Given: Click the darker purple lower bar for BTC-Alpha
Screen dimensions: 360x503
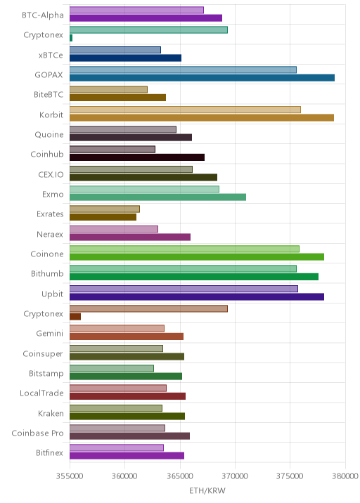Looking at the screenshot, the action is pos(146,18).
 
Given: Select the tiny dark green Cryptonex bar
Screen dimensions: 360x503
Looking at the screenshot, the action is pos(71,38).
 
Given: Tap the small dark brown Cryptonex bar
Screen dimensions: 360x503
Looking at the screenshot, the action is pos(75,317).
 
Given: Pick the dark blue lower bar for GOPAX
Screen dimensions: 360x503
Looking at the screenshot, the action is pos(202,78).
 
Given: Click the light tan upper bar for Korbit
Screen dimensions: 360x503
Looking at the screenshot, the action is pos(186,110).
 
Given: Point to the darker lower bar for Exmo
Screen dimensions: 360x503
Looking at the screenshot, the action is pos(157,197).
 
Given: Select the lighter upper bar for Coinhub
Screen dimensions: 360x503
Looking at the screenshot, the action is pos(112,150).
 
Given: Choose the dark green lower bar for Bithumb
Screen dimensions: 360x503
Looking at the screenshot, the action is pos(194,277).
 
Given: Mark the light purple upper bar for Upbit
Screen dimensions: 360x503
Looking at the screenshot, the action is pos(184,289).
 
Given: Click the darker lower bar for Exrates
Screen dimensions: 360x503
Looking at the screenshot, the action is pos(103,217).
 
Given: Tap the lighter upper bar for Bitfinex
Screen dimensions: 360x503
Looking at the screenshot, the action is pos(117,448).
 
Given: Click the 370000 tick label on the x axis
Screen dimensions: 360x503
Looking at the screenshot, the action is pos(235,476).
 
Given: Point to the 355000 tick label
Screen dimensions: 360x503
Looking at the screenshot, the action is pos(70,476).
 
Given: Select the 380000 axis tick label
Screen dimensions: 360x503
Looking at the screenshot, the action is pos(345,476).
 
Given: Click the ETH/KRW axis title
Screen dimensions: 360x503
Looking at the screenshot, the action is pos(207,491).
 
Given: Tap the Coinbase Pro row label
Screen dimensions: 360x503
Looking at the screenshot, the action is pos(37,433).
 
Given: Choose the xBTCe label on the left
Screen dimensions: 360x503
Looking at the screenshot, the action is pos(51,55).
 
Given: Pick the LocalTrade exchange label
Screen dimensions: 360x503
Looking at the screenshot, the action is pos(41,393).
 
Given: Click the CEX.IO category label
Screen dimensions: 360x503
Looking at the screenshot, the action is pos(51,174).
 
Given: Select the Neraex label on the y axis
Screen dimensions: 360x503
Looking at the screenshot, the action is pos(50,234).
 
